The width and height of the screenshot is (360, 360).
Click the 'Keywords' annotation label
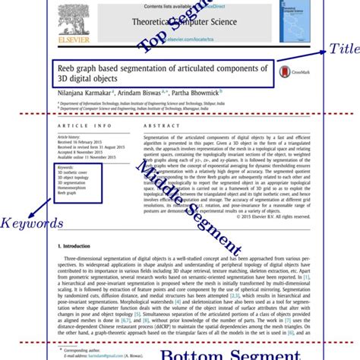click(31, 223)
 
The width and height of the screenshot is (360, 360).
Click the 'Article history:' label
click(70, 137)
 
